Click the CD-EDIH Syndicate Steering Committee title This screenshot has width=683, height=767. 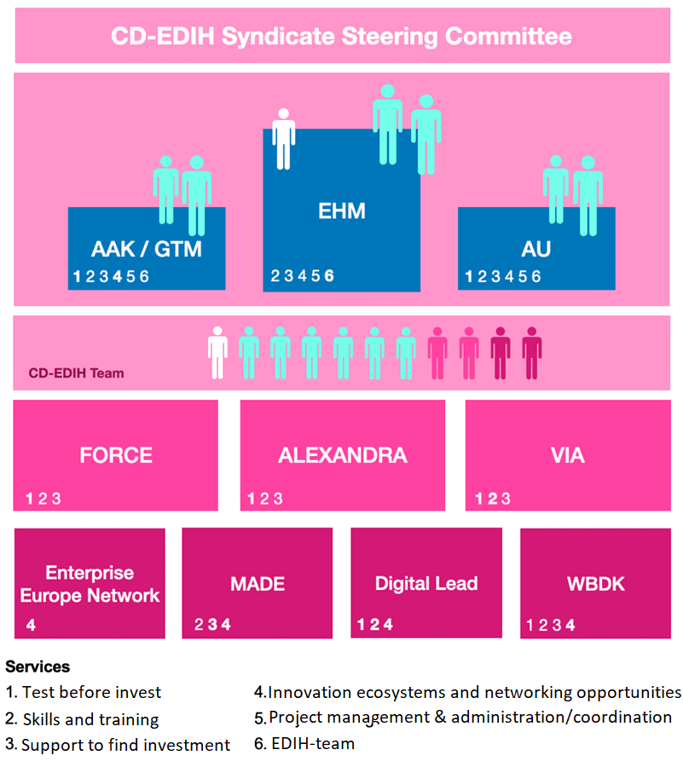coord(341,37)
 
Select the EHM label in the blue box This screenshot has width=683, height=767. coord(341,210)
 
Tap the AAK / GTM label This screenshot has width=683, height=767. coord(147,250)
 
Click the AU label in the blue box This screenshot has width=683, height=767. coord(536,250)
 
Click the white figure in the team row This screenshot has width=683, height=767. coord(218,352)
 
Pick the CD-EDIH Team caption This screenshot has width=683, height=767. coord(76,372)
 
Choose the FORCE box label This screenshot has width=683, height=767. coord(116,455)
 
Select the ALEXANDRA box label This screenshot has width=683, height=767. coord(342,455)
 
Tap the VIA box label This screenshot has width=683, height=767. coord(567,455)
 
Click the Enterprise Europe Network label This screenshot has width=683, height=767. coord(90,584)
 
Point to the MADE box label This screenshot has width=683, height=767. coord(258,585)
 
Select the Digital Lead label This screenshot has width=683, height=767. coord(426,585)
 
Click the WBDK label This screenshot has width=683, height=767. coord(595,585)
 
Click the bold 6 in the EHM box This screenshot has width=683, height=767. coord(329,275)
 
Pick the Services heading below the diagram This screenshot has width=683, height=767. coord(38,666)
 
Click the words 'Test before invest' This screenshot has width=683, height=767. coord(91,692)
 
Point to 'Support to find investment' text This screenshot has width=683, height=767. coord(125,745)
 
